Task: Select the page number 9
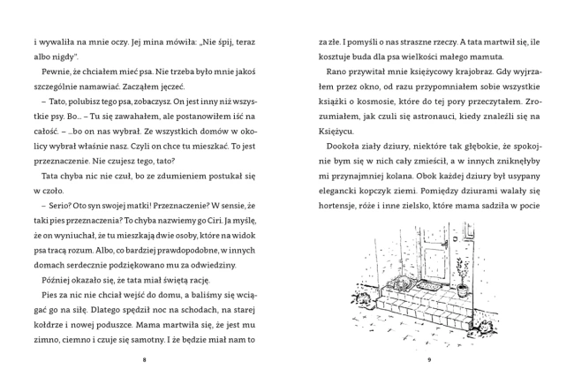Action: click(427, 359)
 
